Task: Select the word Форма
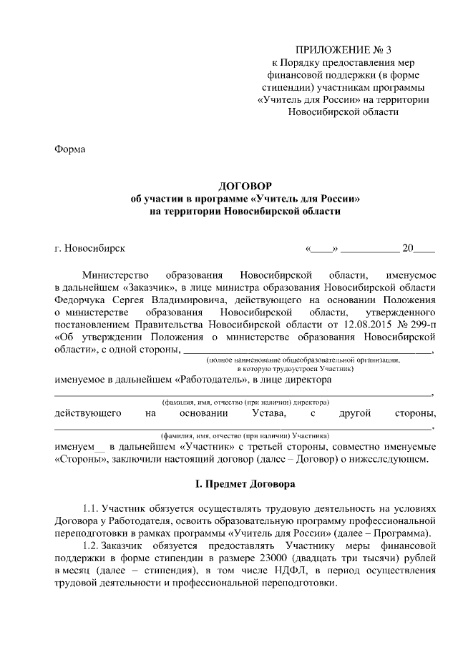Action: pyautogui.click(x=69, y=149)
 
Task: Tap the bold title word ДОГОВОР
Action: pyautogui.click(x=244, y=186)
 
